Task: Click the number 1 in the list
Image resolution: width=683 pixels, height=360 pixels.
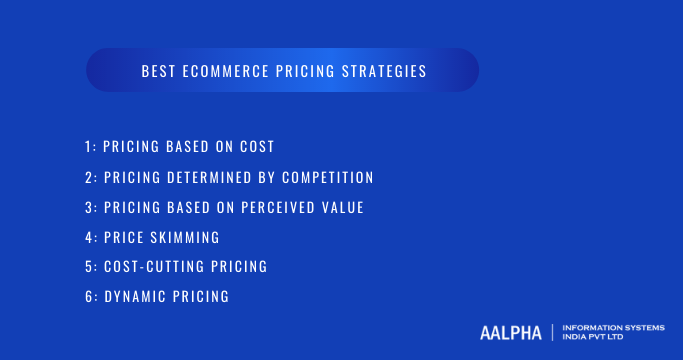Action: [x=88, y=147]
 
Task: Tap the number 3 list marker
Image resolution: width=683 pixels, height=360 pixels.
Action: [x=89, y=207]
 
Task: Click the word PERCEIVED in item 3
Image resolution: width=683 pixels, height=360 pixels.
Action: [x=283, y=207]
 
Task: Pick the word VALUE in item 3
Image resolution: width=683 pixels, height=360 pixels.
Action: [x=343, y=207]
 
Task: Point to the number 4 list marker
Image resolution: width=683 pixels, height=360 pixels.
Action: [x=89, y=237]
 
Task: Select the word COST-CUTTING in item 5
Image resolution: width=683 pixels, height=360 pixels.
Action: [x=149, y=267]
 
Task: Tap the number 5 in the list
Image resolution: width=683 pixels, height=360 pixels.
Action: [x=89, y=267]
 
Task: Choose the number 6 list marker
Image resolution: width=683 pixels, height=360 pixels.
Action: [x=89, y=297]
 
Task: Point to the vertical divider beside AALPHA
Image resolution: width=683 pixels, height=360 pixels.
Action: [x=552, y=332]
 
